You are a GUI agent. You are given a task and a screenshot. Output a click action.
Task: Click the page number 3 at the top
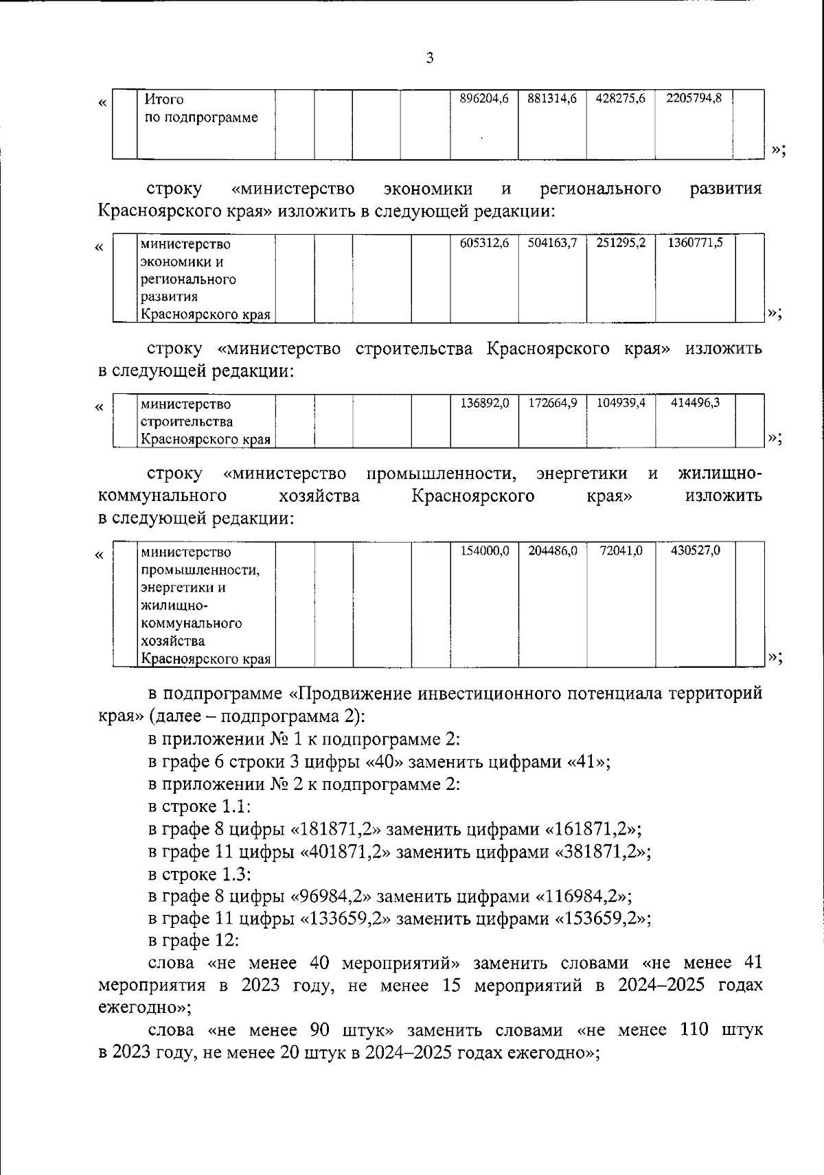(x=430, y=58)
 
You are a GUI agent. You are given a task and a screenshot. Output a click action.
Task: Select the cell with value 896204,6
(x=483, y=100)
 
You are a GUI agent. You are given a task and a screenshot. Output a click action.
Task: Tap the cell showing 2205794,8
(x=694, y=100)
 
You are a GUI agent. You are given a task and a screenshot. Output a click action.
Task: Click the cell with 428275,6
(x=620, y=100)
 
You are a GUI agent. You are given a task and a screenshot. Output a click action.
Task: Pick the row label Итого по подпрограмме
(x=201, y=108)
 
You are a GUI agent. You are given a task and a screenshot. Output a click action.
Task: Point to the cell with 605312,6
(x=483, y=243)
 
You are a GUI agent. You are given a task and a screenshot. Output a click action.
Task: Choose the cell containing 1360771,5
(x=695, y=243)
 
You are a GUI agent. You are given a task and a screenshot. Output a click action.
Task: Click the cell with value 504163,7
(x=552, y=243)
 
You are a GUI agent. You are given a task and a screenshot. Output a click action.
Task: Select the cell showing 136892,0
(x=483, y=404)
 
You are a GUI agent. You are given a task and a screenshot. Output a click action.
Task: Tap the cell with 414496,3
(x=695, y=404)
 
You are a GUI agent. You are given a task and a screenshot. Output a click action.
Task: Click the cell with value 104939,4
(x=620, y=404)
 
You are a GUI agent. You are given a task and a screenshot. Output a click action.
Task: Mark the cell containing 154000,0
(x=483, y=551)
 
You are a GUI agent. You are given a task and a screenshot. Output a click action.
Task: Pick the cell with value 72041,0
(x=620, y=551)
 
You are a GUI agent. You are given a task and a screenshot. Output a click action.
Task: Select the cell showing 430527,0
(x=695, y=551)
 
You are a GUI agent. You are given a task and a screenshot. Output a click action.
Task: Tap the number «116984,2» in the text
(x=581, y=896)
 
